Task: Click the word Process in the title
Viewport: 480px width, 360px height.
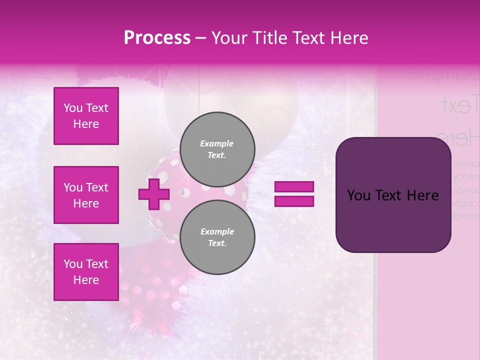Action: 157,37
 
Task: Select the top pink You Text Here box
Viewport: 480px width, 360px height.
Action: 86,116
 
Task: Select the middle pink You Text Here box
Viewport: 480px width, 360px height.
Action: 86,195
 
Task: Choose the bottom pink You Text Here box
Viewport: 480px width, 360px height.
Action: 86,272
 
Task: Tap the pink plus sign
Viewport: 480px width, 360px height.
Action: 154,194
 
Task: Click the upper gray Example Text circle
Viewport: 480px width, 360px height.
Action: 217,149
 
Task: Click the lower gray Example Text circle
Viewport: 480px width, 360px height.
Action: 217,237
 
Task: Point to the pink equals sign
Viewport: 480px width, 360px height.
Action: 294,194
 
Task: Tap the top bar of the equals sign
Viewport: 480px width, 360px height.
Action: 294,187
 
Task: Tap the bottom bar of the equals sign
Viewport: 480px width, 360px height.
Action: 294,201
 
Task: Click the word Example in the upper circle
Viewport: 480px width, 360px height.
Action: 217,144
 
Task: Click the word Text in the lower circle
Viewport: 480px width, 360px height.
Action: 217,243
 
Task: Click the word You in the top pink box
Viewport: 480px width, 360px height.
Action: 73,108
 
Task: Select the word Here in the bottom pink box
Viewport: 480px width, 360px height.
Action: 86,280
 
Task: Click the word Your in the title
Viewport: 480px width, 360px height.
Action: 228,38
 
